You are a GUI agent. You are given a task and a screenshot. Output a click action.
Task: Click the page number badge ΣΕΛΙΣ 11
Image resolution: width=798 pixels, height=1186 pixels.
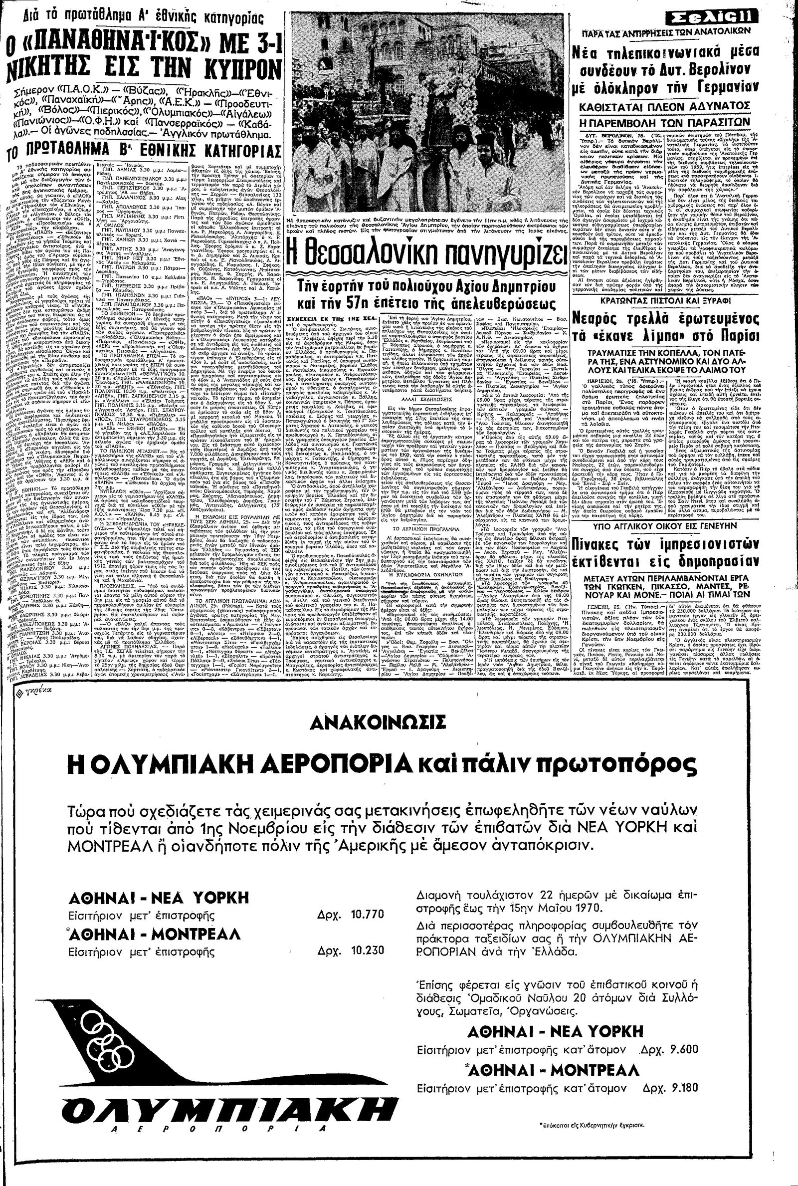pos(728,18)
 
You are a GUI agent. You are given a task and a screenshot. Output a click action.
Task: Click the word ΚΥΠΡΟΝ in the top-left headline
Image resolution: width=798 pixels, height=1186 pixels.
pos(231,75)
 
